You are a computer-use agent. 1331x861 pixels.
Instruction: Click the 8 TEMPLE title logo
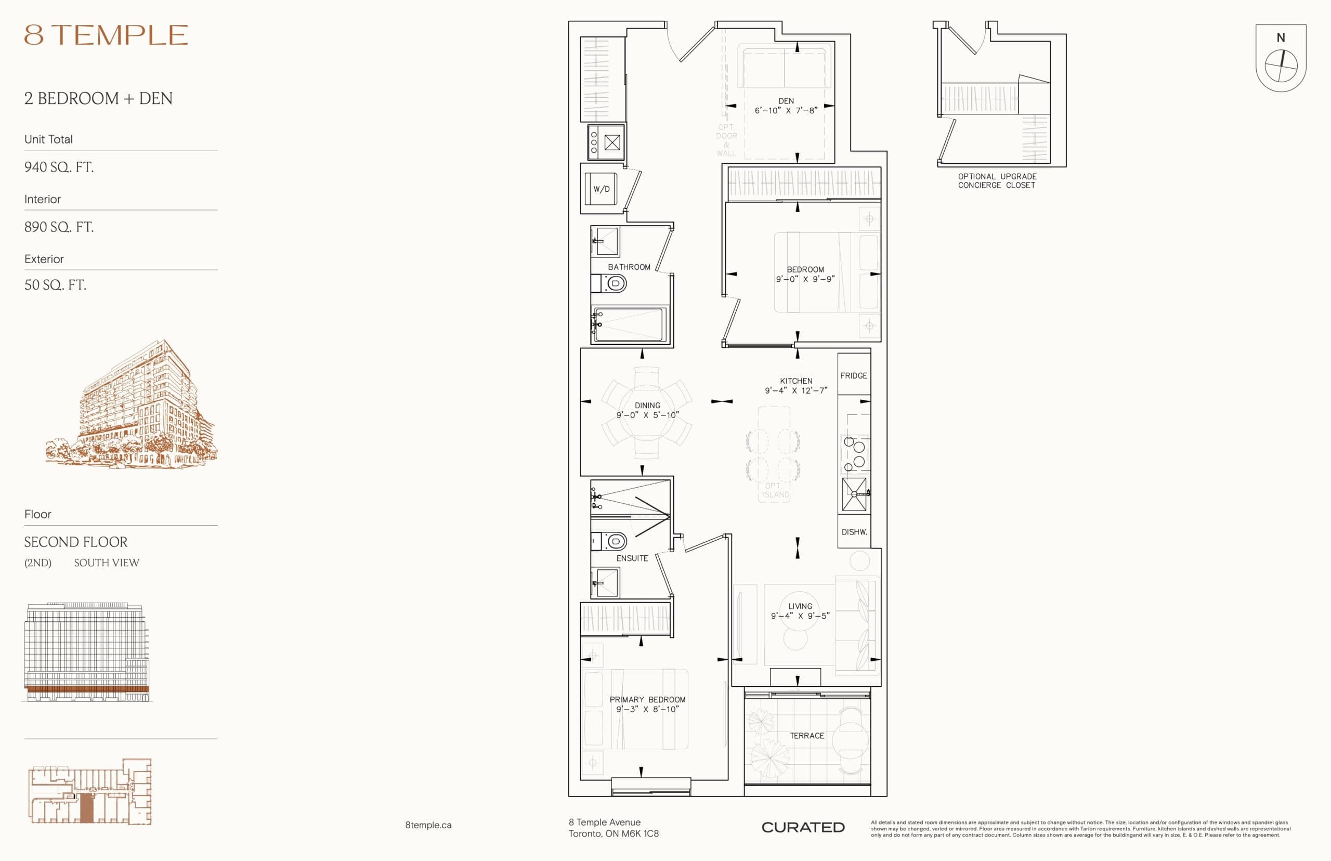click(x=106, y=35)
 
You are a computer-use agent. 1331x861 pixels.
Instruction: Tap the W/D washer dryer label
click(x=602, y=189)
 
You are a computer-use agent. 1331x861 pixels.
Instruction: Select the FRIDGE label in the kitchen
click(x=854, y=376)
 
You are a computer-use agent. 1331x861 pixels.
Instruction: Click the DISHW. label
click(x=854, y=532)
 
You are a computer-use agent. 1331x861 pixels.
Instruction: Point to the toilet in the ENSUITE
click(x=615, y=541)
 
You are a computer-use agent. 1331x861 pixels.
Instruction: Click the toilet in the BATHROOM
click(x=615, y=283)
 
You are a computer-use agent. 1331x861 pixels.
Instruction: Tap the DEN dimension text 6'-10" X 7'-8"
click(x=786, y=111)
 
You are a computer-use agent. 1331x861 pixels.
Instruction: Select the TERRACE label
click(x=806, y=736)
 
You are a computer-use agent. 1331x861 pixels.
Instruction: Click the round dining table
click(x=647, y=413)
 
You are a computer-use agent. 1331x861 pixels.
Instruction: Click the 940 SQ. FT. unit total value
click(x=59, y=167)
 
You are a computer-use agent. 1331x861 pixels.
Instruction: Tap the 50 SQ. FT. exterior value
click(x=55, y=285)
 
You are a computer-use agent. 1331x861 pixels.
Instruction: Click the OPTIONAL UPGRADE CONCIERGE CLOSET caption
click(x=997, y=180)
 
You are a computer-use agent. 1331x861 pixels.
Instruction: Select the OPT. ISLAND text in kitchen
click(x=775, y=490)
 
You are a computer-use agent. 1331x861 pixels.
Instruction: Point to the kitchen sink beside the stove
click(x=854, y=494)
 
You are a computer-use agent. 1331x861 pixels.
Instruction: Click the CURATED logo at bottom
click(x=803, y=827)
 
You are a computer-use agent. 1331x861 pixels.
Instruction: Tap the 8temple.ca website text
click(x=428, y=825)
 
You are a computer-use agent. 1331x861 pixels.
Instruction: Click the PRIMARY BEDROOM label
click(x=647, y=699)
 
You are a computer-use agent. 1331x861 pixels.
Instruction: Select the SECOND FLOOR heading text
click(x=75, y=542)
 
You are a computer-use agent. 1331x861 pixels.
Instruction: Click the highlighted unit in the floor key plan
click(x=86, y=807)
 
